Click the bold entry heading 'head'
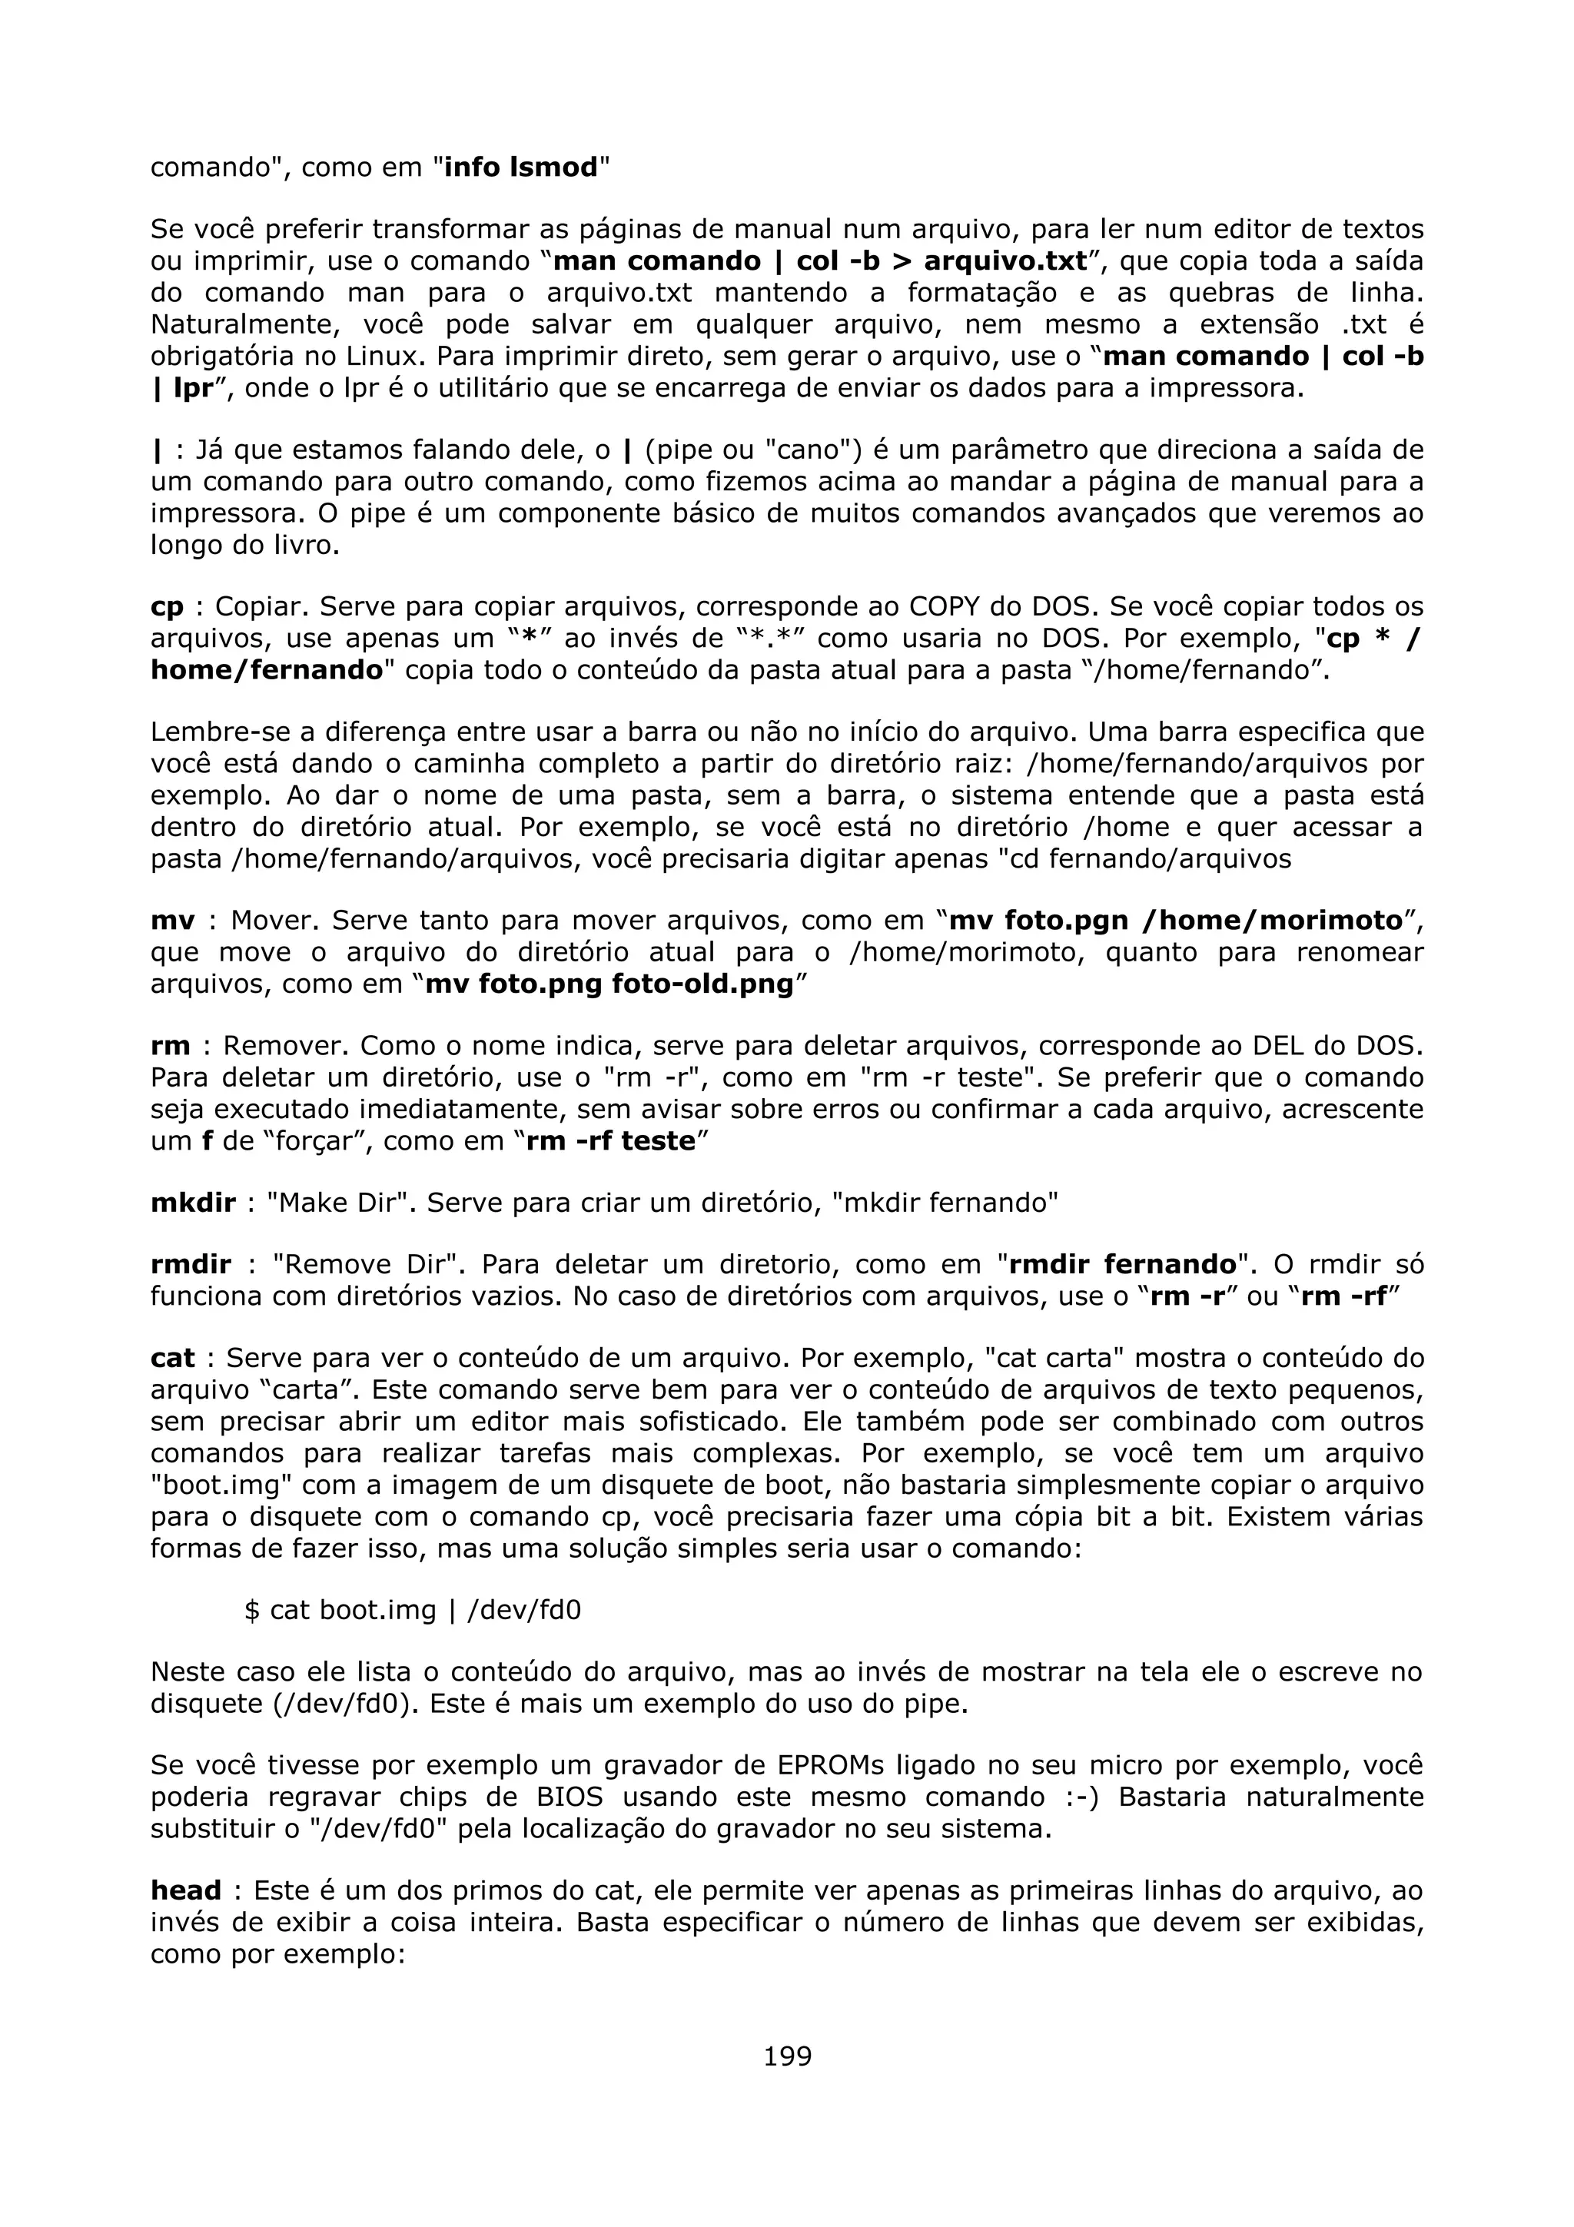(185, 1890)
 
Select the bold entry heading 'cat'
(173, 1358)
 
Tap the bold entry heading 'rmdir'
(191, 1265)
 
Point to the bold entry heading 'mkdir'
(193, 1203)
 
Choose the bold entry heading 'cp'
(167, 607)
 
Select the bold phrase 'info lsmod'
(521, 168)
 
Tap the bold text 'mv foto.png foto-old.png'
(609, 984)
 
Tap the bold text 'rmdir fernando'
(1123, 1265)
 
